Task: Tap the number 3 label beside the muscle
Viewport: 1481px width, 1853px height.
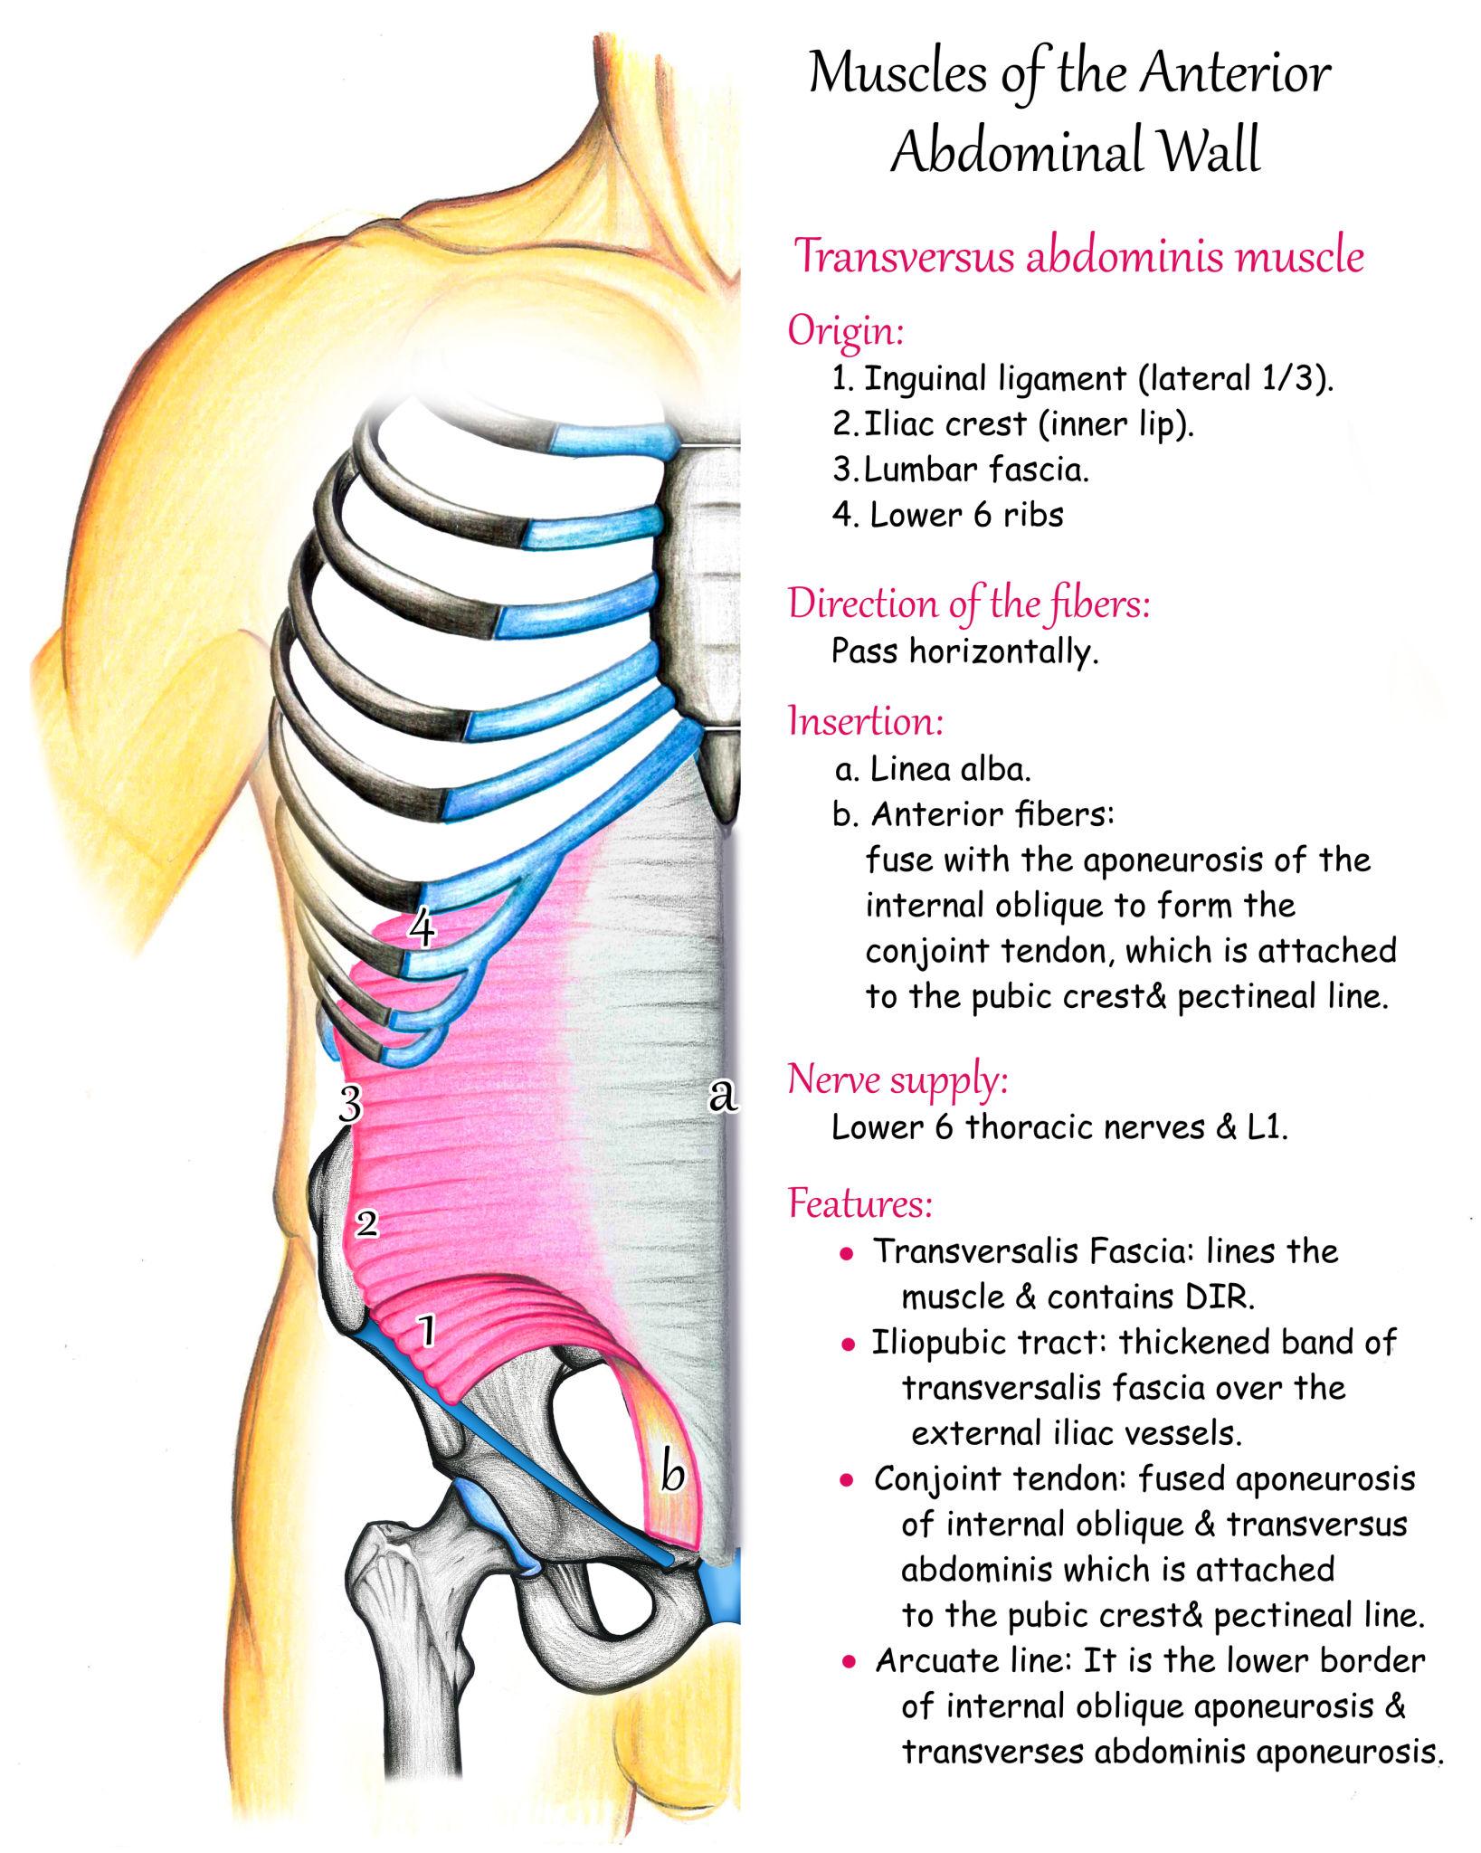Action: [350, 1104]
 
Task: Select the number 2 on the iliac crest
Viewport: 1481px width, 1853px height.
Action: [366, 1224]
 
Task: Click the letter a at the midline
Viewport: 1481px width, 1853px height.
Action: [722, 1095]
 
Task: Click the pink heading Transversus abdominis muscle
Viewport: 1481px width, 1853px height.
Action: [1078, 256]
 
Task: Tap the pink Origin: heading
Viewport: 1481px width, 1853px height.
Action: [846, 330]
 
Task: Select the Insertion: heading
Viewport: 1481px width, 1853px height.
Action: [866, 721]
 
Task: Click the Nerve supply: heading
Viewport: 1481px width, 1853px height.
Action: [897, 1079]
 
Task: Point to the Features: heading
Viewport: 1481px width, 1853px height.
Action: [859, 1202]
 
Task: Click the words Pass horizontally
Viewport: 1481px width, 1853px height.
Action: [964, 651]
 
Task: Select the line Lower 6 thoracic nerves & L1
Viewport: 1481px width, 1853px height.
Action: [1059, 1127]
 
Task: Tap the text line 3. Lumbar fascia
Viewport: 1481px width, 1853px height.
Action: [961, 470]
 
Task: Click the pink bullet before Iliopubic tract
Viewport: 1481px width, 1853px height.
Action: [848, 1345]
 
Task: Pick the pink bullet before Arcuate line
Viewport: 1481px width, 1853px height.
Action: [849, 1662]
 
